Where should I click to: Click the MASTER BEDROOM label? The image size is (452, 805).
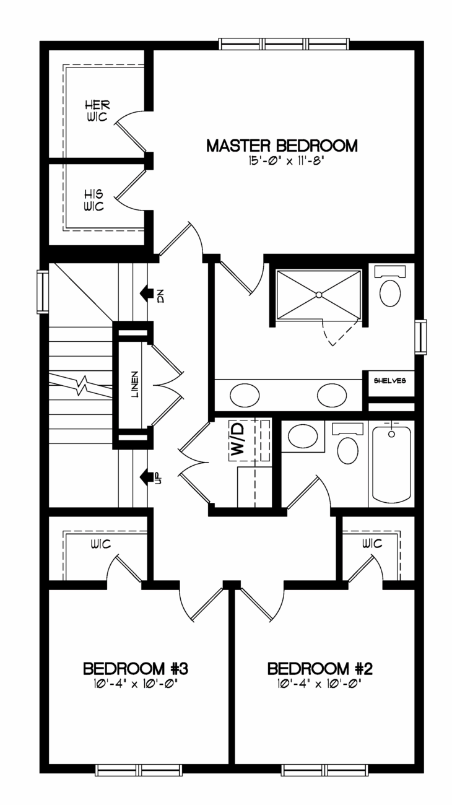coord(282,146)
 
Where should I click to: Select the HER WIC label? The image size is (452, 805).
coord(97,111)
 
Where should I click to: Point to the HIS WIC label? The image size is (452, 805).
coord(94,201)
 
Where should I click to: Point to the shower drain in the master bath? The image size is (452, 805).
coord(319,295)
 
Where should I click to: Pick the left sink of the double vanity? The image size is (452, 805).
coord(245,395)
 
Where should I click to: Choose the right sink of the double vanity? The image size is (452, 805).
coord(332,395)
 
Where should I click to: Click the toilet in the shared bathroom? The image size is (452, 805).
coord(347,443)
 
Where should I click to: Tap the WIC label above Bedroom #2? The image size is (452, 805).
coord(372,544)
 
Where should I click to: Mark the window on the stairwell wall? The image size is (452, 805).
coord(43,292)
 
